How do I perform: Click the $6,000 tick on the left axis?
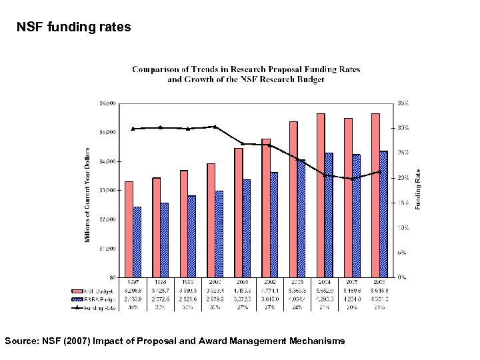pyautogui.click(x=107, y=103)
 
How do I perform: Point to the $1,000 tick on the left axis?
pyautogui.click(x=107, y=248)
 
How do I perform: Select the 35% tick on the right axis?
pyautogui.click(x=403, y=103)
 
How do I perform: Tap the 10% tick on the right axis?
pyautogui.click(x=403, y=227)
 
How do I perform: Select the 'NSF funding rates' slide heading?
pyautogui.click(x=74, y=27)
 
